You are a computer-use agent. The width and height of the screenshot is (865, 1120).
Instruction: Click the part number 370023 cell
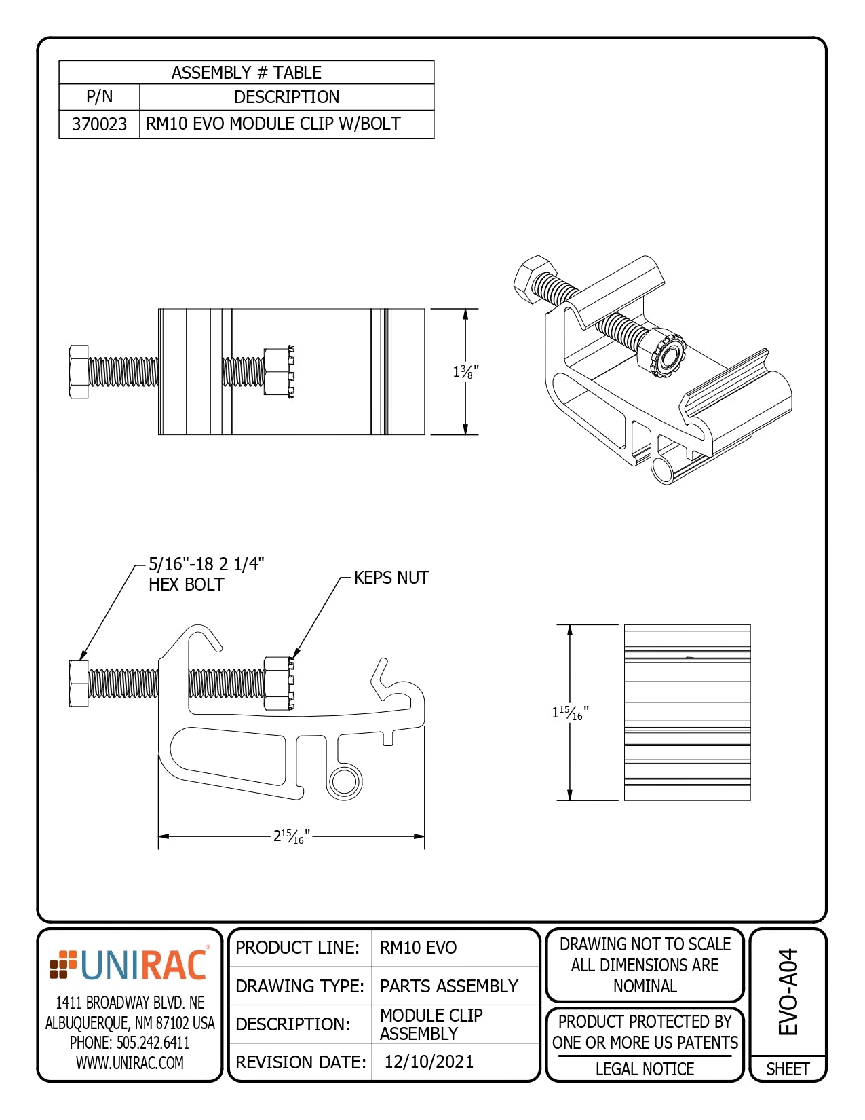(x=99, y=124)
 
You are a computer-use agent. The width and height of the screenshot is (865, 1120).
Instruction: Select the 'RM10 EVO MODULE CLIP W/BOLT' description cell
(x=273, y=124)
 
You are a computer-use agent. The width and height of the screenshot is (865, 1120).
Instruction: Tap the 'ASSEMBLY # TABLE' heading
(x=246, y=73)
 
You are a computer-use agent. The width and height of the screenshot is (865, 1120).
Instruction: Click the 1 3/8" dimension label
(x=465, y=372)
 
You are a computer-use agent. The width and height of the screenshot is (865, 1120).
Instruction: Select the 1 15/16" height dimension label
(x=570, y=712)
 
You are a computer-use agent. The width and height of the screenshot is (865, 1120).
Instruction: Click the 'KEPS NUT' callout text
(x=391, y=578)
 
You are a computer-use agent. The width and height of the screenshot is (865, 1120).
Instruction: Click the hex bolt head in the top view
(x=79, y=371)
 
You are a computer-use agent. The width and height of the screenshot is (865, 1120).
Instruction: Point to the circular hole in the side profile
(x=345, y=782)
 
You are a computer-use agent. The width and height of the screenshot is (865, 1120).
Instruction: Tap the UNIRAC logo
(x=129, y=965)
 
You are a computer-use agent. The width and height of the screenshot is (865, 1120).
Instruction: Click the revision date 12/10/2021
(x=429, y=1062)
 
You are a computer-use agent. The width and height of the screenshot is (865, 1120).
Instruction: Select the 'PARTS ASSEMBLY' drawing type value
(x=448, y=986)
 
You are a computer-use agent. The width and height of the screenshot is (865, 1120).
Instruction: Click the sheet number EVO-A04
(x=788, y=992)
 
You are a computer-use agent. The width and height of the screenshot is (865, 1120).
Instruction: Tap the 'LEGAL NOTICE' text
(x=645, y=1069)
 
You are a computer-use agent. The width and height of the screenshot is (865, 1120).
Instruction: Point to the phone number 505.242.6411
(x=130, y=1043)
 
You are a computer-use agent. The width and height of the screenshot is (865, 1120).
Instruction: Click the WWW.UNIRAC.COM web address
(x=130, y=1063)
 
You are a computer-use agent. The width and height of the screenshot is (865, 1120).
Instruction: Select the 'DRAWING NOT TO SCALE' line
(x=645, y=944)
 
